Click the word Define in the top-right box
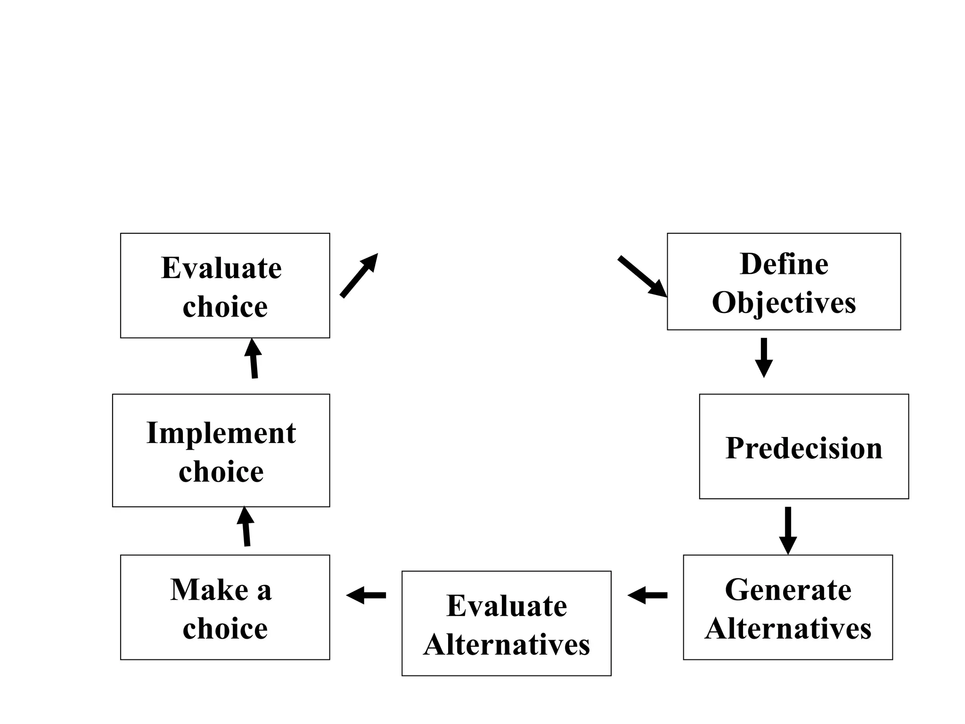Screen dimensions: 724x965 tap(784, 264)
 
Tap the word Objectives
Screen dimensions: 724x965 tap(784, 303)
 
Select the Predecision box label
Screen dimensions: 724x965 tap(804, 448)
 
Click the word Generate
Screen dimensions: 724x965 tap(788, 590)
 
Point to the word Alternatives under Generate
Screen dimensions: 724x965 tap(788, 629)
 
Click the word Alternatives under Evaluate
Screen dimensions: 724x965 tap(507, 645)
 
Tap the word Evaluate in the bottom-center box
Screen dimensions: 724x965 tap(507, 606)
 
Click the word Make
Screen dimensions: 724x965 tap(209, 590)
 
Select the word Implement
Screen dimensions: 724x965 tap(221, 433)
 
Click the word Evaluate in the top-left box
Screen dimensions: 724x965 tap(221, 268)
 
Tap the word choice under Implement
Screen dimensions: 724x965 tap(221, 472)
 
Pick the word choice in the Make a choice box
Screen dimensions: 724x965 tap(225, 629)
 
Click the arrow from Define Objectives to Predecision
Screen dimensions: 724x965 tap(764, 357)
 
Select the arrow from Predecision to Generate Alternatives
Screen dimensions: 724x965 tap(788, 530)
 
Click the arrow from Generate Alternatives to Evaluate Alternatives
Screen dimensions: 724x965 tap(647, 595)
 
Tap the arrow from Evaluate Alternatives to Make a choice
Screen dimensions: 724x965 tap(366, 595)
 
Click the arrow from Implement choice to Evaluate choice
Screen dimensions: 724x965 tap(254, 359)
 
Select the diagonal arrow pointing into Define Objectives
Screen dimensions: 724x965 tap(643, 277)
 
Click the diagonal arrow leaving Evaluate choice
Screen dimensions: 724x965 tap(359, 276)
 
